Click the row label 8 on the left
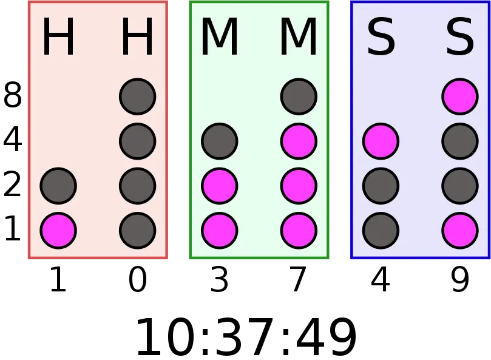[x=13, y=95]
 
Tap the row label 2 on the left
[x=13, y=185]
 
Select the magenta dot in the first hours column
[x=58, y=231]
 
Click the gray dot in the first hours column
[x=58, y=186]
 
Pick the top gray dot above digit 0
[x=137, y=97]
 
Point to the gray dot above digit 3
[x=220, y=141]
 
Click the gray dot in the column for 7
[x=299, y=97]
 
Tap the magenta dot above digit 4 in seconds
[x=381, y=141]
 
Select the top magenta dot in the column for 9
[x=460, y=97]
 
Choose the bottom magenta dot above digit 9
[x=460, y=231]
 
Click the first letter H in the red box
[x=58, y=36]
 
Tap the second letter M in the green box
[x=299, y=36]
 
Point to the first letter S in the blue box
[x=381, y=36]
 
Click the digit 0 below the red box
[x=137, y=279]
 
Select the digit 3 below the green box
[x=219, y=279]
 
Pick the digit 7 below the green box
[x=299, y=279]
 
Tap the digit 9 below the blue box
[x=460, y=279]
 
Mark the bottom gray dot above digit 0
[x=137, y=231]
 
